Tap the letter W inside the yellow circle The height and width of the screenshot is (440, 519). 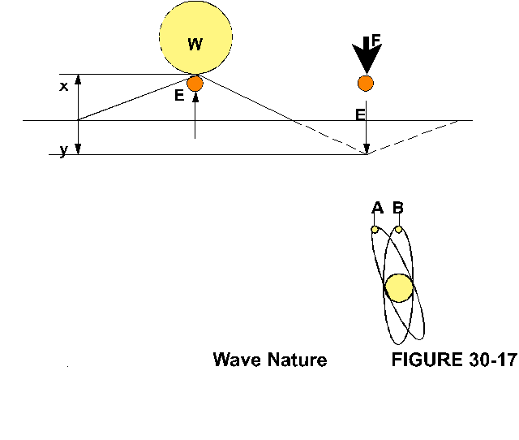click(195, 45)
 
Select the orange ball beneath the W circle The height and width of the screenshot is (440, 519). click(195, 83)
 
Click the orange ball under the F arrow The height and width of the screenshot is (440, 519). click(366, 83)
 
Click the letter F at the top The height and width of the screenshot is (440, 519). click(375, 39)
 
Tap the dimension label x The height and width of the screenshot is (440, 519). click(64, 85)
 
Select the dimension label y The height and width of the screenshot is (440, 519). click(63, 152)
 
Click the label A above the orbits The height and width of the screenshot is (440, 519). click(377, 209)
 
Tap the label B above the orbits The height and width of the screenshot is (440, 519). click(398, 209)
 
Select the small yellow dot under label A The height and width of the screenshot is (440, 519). click(375, 230)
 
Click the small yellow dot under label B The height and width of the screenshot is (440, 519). click(398, 229)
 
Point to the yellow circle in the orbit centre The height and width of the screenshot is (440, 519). click(399, 288)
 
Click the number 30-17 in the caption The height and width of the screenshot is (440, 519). click(491, 360)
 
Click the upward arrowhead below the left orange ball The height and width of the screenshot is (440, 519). click(195, 97)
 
